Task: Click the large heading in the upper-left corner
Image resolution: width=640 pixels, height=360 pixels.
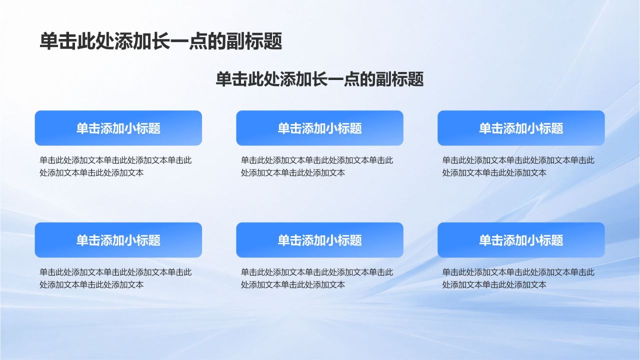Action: coord(161,41)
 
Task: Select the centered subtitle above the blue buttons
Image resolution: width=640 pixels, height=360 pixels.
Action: coord(319,79)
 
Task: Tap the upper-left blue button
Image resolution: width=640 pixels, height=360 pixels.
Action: coord(118,128)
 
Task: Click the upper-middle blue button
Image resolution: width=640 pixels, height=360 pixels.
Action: coord(319,128)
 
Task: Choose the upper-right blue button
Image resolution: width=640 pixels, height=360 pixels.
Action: coord(521,128)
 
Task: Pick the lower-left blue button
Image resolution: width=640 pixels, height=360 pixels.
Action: coord(118,240)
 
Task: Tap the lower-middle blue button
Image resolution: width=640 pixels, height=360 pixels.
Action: coord(319,240)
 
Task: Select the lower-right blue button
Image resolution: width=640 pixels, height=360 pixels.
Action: coord(521,240)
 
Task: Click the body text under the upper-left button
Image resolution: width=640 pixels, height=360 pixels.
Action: coord(115,166)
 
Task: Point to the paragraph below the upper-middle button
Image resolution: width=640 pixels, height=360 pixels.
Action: coord(317,166)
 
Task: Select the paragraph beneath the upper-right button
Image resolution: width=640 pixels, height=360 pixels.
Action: coord(518,166)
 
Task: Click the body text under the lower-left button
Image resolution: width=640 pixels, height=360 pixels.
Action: coord(115,278)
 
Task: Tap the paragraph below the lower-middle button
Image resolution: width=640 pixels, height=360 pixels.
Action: coord(317,278)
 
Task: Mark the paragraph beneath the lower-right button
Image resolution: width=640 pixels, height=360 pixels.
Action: coord(518,278)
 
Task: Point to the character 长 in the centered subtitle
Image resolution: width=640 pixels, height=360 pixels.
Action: coord(319,79)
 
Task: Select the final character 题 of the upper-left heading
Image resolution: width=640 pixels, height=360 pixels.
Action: coord(273,41)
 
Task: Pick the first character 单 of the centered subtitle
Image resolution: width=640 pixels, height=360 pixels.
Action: coord(223,79)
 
